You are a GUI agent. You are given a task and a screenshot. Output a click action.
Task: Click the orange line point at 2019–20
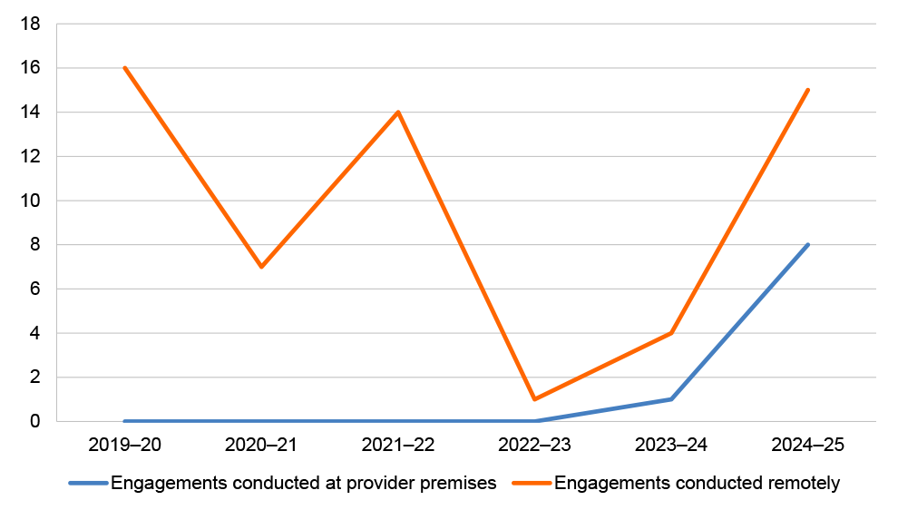(124, 68)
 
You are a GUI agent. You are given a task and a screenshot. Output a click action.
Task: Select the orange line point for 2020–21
(261, 267)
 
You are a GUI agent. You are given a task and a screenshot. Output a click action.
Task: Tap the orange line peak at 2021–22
(398, 113)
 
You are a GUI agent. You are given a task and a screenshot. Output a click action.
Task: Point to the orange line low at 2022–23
(535, 399)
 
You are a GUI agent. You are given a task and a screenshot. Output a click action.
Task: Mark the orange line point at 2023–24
(671, 333)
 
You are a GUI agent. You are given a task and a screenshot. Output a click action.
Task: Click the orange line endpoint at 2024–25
(808, 90)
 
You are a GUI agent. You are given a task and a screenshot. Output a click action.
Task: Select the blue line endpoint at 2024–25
(808, 245)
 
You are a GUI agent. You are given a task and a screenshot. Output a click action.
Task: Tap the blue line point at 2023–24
(671, 399)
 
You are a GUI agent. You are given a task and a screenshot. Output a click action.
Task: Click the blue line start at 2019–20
(124, 421)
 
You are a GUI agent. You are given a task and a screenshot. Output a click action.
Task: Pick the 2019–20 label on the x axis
(124, 446)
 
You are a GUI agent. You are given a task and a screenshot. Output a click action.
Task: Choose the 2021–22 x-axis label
(398, 446)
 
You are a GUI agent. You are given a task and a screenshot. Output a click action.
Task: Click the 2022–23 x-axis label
(535, 446)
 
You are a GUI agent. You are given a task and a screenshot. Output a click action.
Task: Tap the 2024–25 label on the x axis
(808, 446)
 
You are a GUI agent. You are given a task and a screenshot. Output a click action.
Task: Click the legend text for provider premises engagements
(303, 484)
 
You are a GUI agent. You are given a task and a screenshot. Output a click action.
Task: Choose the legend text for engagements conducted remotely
(697, 484)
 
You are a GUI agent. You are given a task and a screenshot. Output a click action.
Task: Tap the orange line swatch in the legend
(532, 484)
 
